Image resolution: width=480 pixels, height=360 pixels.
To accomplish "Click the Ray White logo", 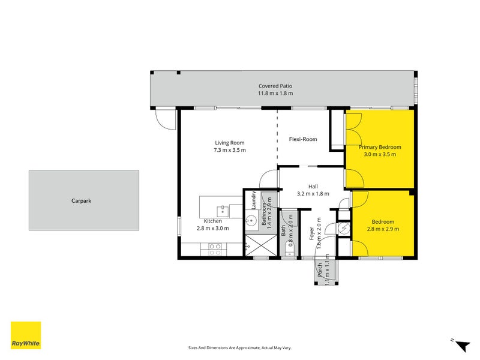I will click(x=26, y=335).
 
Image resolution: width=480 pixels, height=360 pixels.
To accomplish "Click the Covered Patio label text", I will click(x=275, y=86).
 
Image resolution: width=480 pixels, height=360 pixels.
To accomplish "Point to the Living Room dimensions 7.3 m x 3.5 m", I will click(x=230, y=150).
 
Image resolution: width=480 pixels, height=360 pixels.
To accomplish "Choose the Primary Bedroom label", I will click(x=380, y=147).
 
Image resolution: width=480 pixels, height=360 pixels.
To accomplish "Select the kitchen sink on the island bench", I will click(x=222, y=210).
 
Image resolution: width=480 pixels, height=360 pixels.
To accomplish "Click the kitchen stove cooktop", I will click(x=215, y=246).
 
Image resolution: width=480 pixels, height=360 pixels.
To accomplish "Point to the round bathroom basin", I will click(x=251, y=220).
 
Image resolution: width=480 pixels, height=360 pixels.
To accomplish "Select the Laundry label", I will click(x=254, y=200).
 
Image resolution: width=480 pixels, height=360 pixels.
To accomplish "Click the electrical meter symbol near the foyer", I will click(x=344, y=229).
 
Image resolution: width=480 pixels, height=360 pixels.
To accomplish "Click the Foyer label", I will click(x=312, y=233).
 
